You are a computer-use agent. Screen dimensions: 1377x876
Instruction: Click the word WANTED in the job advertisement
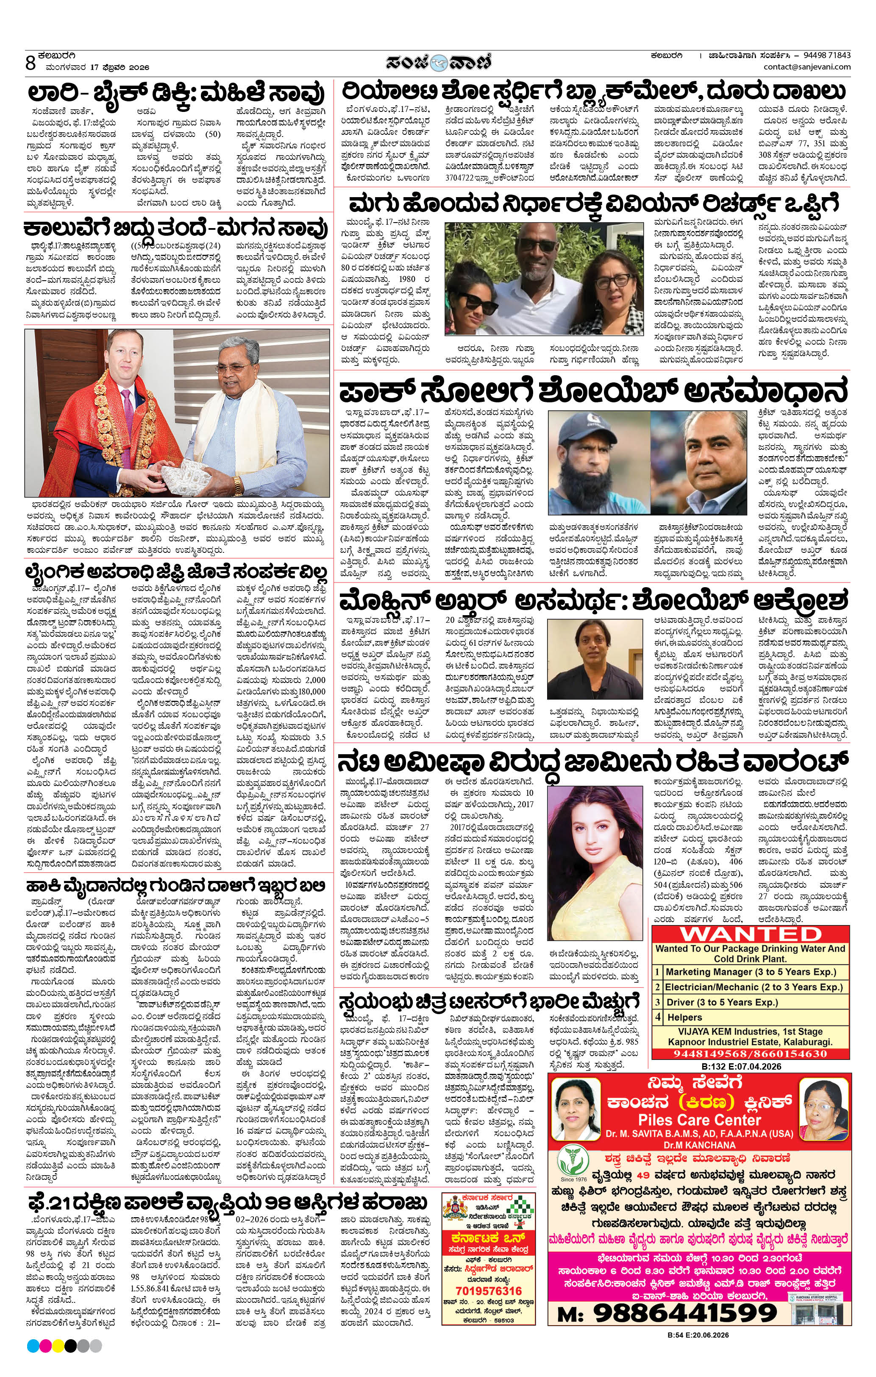750,934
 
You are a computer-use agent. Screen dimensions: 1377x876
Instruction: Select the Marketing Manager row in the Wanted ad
750,972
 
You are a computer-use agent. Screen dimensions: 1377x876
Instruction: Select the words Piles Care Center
699,1120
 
